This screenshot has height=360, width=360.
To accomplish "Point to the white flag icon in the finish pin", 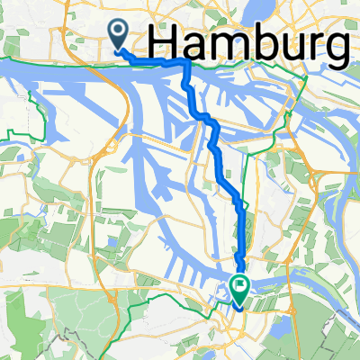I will point(241,287).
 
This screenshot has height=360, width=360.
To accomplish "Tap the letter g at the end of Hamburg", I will point(335,49).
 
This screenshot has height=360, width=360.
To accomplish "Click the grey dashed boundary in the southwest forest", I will point(63,343).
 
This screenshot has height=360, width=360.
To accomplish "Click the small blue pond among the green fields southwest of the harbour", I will point(108,241).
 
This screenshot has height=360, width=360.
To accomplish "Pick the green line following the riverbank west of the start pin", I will point(54,64).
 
